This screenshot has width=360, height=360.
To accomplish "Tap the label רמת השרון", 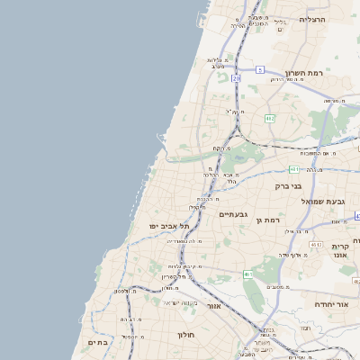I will pyautogui.click(x=303, y=73).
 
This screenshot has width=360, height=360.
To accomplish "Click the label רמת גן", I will pyautogui.click(x=268, y=220).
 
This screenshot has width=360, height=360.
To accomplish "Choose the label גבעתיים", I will pyautogui.click(x=233, y=214).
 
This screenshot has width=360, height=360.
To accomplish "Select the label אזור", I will pyautogui.click(x=214, y=306).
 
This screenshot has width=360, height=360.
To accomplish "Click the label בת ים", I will pyautogui.click(x=97, y=342).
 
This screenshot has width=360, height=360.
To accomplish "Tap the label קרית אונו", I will pyautogui.click(x=339, y=251).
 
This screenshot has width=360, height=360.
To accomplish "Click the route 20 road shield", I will pyautogui.click(x=236, y=79).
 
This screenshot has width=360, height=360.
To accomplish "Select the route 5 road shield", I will pyautogui.click(x=259, y=69).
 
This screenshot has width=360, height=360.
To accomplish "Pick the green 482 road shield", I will pyautogui.click(x=270, y=118).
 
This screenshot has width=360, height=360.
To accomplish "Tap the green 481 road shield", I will pyautogui.click(x=295, y=168).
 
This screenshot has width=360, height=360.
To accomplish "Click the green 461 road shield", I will pyautogui.click(x=247, y=274).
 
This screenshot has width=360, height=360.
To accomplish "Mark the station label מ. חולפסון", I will pyautogui.click(x=125, y=291).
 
